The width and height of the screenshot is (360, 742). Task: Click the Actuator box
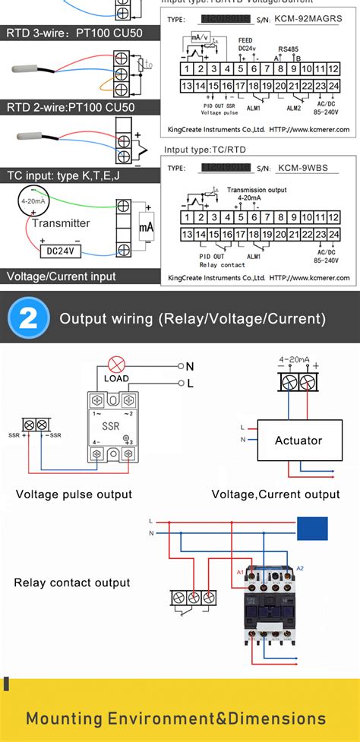[x=298, y=440]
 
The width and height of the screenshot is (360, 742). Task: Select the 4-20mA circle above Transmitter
[x=33, y=202]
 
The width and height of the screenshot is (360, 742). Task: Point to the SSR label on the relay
[x=111, y=427]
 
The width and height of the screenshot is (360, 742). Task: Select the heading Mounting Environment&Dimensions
[x=175, y=718]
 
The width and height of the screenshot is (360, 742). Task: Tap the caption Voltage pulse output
[x=74, y=494]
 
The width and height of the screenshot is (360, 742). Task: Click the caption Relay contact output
[x=72, y=583]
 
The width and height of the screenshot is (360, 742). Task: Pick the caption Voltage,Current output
[x=275, y=494]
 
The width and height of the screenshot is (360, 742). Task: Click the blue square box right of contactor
[x=312, y=529]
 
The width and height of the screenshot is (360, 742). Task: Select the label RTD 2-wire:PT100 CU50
[x=71, y=107]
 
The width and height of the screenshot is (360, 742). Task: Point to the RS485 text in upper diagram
[x=288, y=48]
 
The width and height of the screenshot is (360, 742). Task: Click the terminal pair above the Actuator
[x=297, y=381]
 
